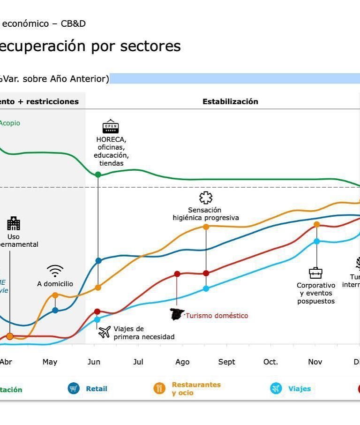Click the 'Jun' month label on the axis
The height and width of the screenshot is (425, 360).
[94, 362]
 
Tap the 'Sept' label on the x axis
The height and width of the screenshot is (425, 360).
[226, 362]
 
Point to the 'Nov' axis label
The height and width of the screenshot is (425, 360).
[315, 362]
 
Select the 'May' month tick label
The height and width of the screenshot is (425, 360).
[50, 362]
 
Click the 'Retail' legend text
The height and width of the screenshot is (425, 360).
[96, 389]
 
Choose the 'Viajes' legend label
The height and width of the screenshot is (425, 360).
[300, 389]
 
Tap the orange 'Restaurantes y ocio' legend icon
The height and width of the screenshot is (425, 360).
[160, 388]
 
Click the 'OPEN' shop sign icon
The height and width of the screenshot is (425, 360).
[111, 127]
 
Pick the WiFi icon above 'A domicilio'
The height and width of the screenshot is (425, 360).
[55, 271]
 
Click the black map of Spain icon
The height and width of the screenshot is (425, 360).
[177, 314]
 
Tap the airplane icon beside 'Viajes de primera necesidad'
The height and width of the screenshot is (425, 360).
[105, 332]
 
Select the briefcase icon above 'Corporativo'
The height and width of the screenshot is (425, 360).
[315, 273]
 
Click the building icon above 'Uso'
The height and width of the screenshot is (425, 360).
[14, 223]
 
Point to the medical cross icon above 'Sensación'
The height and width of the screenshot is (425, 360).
[205, 197]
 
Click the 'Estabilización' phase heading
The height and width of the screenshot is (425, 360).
[230, 101]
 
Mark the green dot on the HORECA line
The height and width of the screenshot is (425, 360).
[98, 175]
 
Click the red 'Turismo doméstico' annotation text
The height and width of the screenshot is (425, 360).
[217, 316]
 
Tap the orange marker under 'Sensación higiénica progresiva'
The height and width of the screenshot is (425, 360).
[206, 227]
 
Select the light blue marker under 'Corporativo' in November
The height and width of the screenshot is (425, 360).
[316, 241]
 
